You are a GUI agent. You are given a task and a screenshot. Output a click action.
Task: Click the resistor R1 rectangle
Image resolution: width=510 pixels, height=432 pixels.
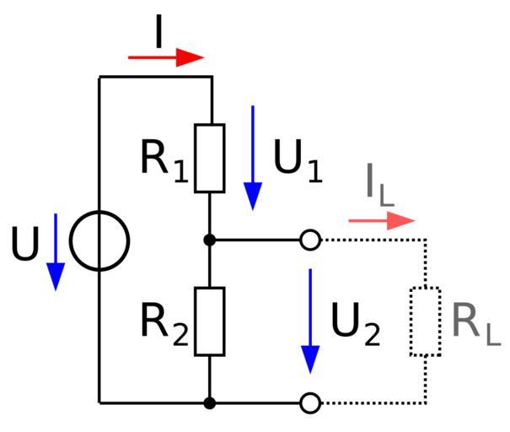[x=210, y=158]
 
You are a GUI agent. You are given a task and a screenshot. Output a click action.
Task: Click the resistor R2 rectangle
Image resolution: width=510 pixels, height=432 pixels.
[x=210, y=321]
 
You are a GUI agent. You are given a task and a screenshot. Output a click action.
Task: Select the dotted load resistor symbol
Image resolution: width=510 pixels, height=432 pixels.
[x=425, y=321]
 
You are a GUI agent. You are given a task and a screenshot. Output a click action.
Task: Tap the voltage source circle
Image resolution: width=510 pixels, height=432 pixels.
[x=99, y=240]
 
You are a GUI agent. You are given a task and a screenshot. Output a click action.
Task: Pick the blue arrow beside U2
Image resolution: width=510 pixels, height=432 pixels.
[x=311, y=321]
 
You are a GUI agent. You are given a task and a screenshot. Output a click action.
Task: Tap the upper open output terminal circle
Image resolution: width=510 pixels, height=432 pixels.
[x=310, y=240]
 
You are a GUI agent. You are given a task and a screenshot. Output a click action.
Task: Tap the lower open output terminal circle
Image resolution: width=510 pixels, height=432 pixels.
[x=310, y=403]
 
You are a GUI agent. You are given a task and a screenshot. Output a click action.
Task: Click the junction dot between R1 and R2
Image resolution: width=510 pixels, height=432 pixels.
[x=210, y=240]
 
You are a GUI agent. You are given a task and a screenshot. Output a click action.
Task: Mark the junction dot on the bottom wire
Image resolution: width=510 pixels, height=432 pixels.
[x=210, y=403]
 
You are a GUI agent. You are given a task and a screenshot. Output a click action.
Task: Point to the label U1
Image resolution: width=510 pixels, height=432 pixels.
[x=298, y=160]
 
